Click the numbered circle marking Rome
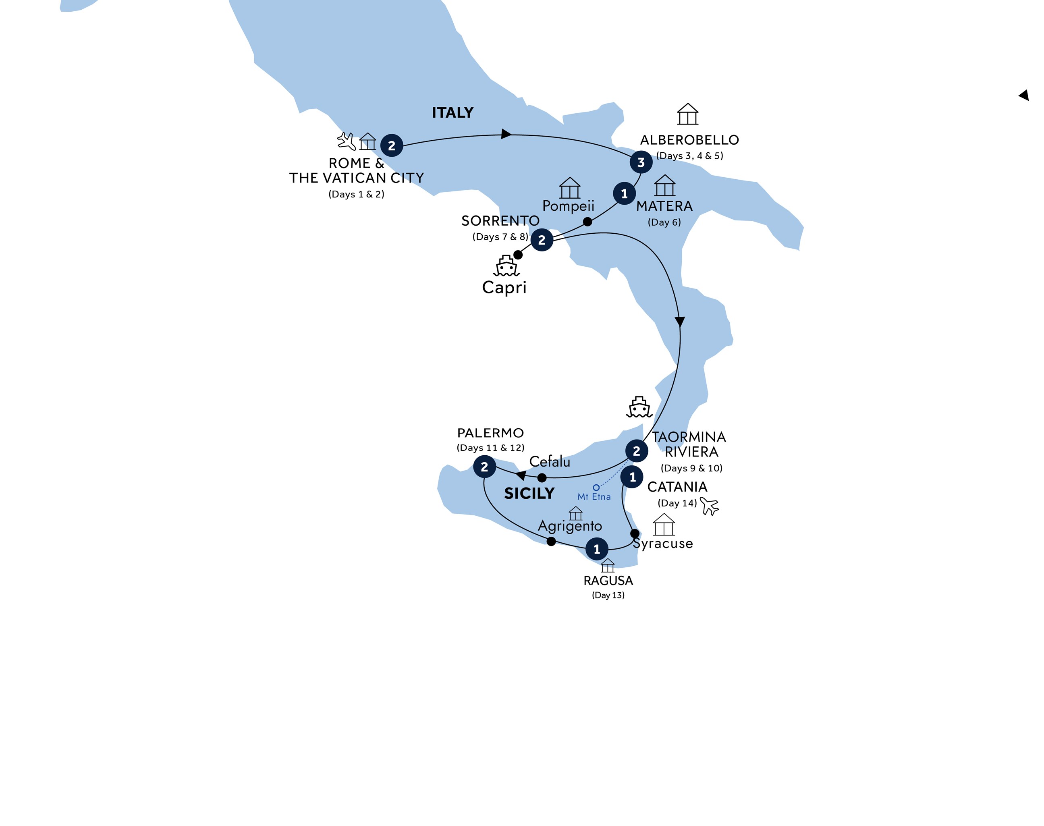click(x=391, y=145)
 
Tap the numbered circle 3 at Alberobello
click(x=641, y=162)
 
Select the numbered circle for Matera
click(x=624, y=193)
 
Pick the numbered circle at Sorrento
click(x=542, y=240)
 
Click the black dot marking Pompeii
click(x=587, y=222)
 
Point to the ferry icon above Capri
click(x=506, y=266)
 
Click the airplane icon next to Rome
click(x=346, y=141)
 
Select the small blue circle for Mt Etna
click(x=596, y=488)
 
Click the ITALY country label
click(x=452, y=113)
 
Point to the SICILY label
click(x=529, y=493)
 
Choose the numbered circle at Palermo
click(x=484, y=467)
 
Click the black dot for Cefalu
click(x=542, y=478)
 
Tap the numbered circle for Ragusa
click(x=597, y=549)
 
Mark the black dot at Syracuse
click(x=635, y=533)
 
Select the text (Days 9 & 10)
click(x=691, y=468)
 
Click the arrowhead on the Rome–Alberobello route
click(x=506, y=134)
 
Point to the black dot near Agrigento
click(x=551, y=542)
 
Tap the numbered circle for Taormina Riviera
click(x=636, y=451)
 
